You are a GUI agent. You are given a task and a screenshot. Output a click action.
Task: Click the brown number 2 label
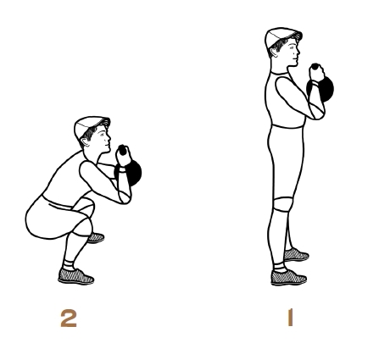coord(69,318)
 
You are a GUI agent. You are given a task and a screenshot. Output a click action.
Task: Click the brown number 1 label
coord(290,318)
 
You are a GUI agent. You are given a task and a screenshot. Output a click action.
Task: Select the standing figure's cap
coord(281,37)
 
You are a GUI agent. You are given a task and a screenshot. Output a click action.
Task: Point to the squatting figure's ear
coord(84,141)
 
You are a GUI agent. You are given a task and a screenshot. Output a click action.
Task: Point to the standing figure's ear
coord(274,52)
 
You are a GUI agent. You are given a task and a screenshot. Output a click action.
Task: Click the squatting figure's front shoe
coord(75,276)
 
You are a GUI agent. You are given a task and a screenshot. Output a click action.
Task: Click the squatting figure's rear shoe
coord(96,238)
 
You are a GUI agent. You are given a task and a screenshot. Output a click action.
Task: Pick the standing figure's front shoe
coord(288,278)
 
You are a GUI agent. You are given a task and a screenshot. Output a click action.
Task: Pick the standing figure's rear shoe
coord(296,255)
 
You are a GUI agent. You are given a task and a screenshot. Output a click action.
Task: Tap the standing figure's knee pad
coord(282,204)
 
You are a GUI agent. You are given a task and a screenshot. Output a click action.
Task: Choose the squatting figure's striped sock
coord(69,265)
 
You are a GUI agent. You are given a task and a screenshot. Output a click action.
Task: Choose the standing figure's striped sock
coord(279,267)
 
